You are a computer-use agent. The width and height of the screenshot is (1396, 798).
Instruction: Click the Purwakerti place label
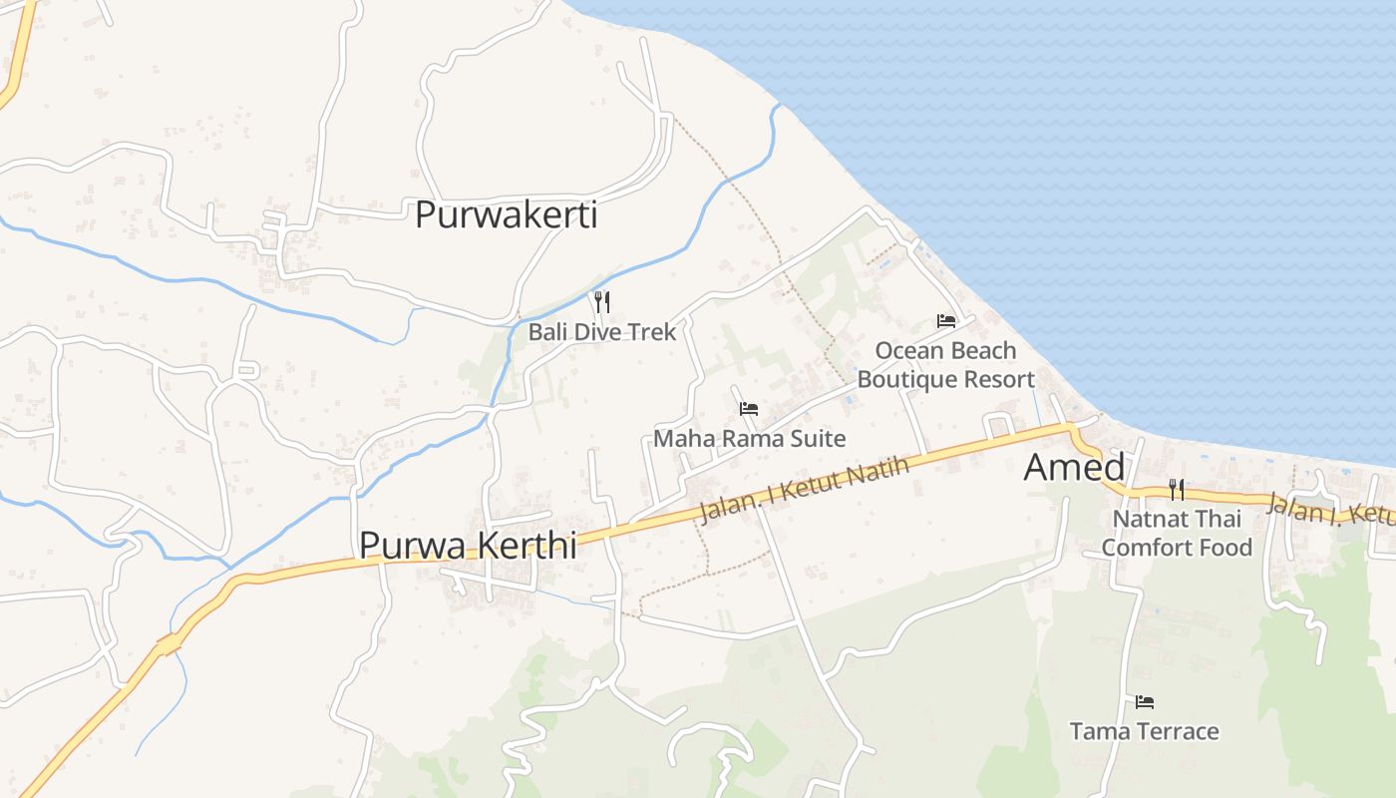(x=506, y=214)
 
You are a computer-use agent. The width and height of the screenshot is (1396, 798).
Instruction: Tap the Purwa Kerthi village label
(x=468, y=545)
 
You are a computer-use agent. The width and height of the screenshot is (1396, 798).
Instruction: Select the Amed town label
(x=1074, y=467)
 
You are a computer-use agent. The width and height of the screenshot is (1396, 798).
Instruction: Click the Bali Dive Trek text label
(x=602, y=332)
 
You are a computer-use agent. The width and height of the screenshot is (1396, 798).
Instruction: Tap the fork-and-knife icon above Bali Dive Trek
(x=602, y=302)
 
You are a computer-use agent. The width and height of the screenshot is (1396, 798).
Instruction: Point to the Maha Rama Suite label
(x=749, y=438)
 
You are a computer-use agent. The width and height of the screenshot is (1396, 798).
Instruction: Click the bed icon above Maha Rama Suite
(x=749, y=409)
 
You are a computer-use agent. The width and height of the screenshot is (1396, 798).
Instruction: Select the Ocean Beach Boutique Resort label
(x=945, y=365)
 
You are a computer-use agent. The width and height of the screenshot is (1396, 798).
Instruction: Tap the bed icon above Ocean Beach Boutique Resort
(x=946, y=321)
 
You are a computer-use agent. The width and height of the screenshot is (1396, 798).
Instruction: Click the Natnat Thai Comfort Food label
(x=1177, y=533)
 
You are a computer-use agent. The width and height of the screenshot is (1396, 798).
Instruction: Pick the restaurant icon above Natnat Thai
(x=1177, y=490)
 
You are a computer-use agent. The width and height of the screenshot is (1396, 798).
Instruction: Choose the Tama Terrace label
(x=1144, y=731)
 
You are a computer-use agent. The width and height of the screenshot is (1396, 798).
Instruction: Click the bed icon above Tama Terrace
(x=1144, y=702)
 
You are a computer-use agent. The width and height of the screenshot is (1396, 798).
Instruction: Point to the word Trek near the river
(x=653, y=332)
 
